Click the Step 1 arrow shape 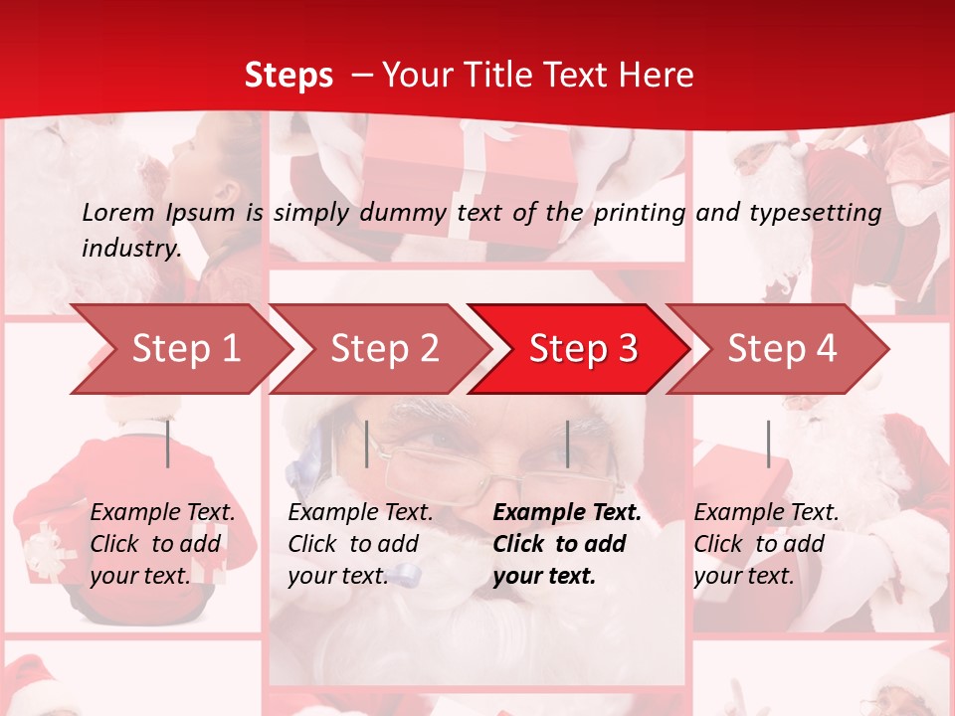pos(184,349)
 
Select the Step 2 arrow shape pos(383,349)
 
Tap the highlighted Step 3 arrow pos(582,349)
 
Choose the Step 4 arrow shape pos(781,349)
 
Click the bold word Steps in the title pos(288,76)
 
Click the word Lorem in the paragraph pos(118,212)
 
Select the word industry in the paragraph pos(129,249)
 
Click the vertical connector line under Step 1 pos(168,444)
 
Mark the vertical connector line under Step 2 pos(367,444)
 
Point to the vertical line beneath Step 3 pos(567,444)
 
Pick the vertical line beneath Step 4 pos(768,444)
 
